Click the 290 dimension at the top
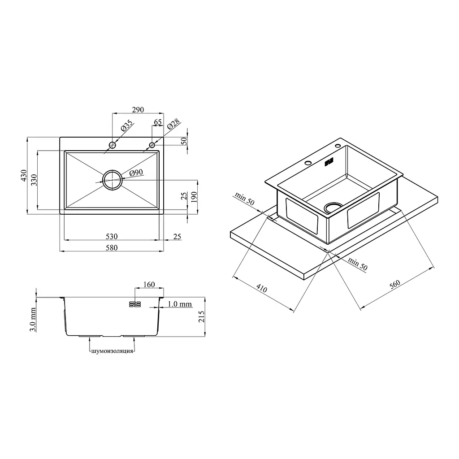[138, 109]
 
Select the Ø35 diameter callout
[126, 126]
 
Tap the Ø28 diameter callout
[173, 125]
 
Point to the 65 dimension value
[157, 122]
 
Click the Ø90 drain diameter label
[136, 173]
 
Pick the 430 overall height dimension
[24, 176]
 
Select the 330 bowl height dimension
[34, 180]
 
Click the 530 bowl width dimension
[112, 236]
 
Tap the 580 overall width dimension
[112, 247]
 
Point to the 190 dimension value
[194, 197]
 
